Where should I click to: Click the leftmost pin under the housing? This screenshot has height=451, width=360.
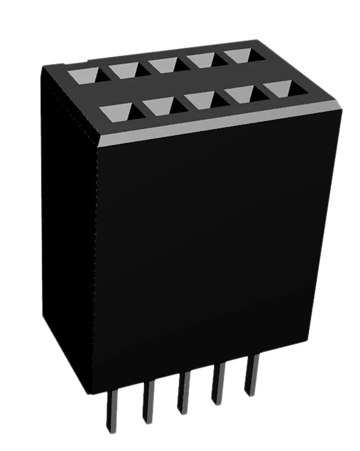click(x=112, y=412)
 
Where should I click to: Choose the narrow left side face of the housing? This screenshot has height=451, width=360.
click(x=68, y=225)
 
